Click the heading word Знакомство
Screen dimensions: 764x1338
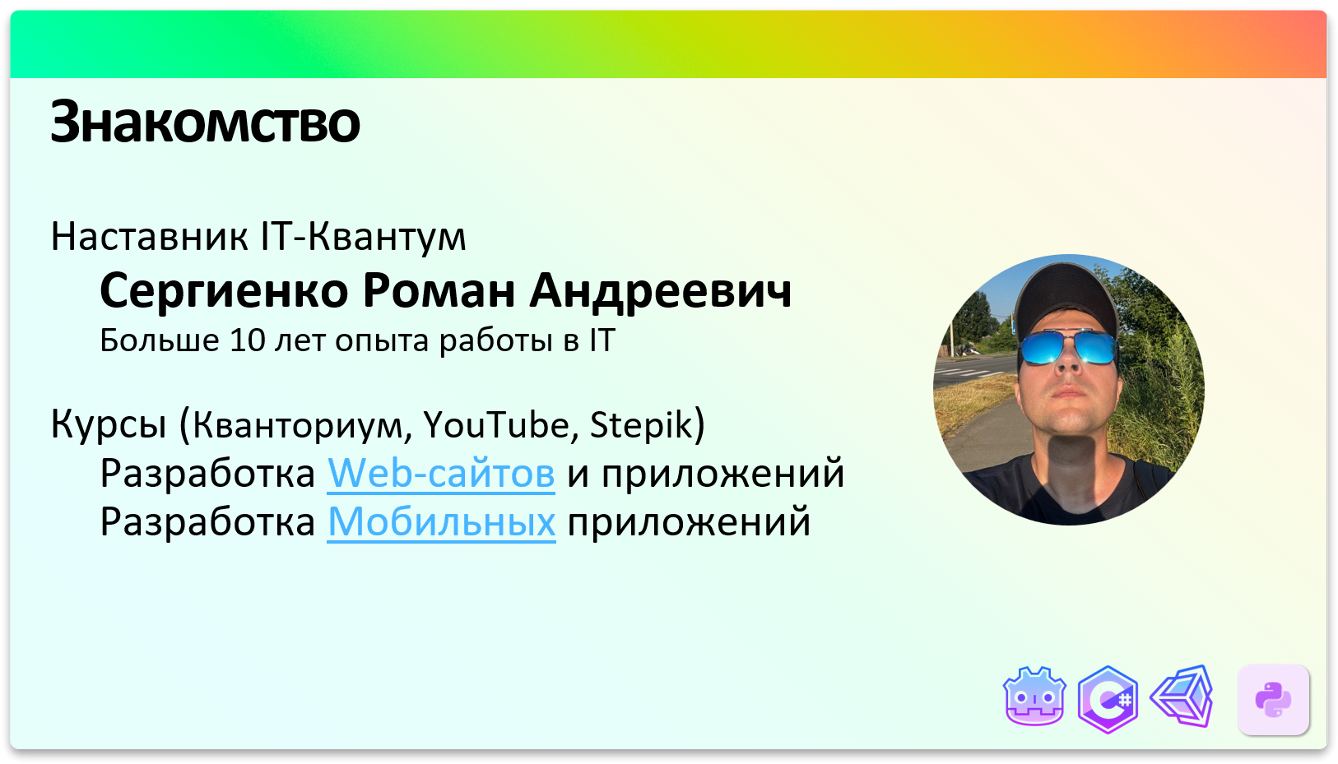[x=205, y=123]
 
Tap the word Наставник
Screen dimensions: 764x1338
[x=149, y=237]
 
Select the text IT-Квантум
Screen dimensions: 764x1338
[x=363, y=237]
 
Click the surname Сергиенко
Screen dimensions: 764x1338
[x=225, y=291]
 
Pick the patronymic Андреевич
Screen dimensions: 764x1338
[x=660, y=291]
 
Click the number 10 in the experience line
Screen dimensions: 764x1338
[x=247, y=340]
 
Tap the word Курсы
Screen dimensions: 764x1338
[x=108, y=425]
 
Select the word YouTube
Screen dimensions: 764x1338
[x=496, y=425]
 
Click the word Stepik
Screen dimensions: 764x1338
[x=642, y=425]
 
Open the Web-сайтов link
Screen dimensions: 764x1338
[x=441, y=474]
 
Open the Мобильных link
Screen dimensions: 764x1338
[x=441, y=522]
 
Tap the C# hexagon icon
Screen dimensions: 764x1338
[x=1108, y=700]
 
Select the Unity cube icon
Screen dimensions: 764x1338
[x=1183, y=697]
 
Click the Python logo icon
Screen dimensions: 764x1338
[x=1273, y=700]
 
